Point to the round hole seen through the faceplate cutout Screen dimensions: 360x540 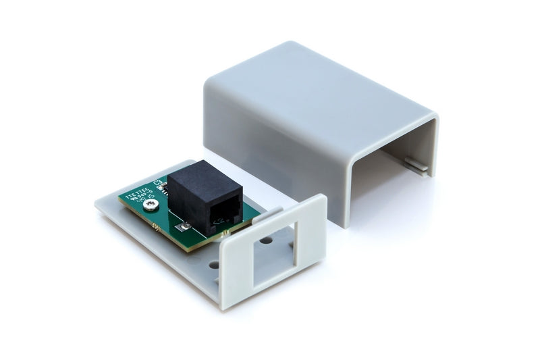point(266,240)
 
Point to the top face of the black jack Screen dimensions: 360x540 point(196,177)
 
